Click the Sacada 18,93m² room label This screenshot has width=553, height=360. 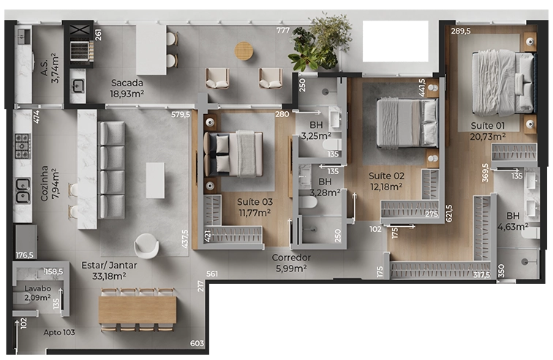click(127, 89)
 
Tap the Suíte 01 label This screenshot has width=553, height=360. click(488, 126)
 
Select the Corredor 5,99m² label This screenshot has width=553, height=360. click(291, 263)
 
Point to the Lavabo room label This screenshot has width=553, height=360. click(38, 288)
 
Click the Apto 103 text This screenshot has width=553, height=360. click(59, 332)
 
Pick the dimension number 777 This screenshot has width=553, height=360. click(283, 30)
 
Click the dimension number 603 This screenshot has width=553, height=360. click(197, 343)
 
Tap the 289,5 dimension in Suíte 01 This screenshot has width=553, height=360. click(461, 31)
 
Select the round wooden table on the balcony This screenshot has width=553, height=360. click(244, 50)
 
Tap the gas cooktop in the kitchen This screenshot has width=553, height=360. click(22, 146)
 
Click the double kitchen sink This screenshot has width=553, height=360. click(22, 190)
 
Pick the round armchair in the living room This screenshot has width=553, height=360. click(146, 246)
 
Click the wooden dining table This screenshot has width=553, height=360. click(138, 310)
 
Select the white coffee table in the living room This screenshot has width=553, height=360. click(156, 180)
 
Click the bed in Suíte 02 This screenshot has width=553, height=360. click(407, 122)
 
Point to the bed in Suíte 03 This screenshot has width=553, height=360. click(233, 154)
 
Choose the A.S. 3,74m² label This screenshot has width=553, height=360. click(50, 69)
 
